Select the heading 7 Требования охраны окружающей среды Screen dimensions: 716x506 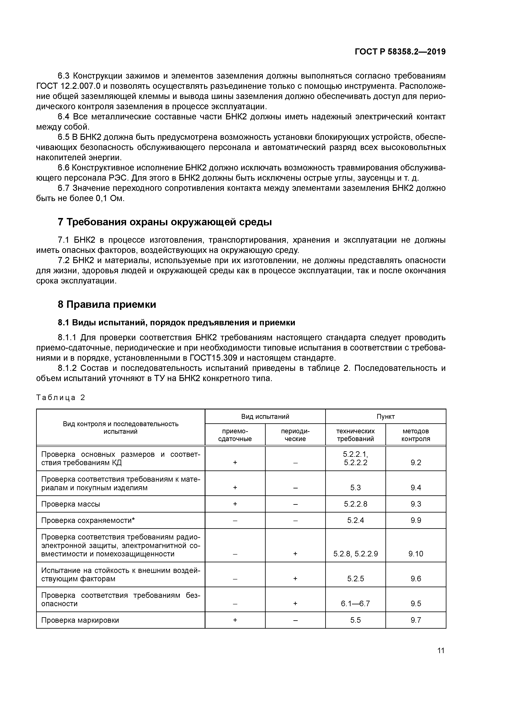click(x=165, y=222)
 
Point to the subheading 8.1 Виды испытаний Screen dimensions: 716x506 click(x=176, y=322)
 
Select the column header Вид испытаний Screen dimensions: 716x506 click(x=265, y=416)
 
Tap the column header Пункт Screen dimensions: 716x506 click(x=385, y=416)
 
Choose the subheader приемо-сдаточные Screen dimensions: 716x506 click(x=235, y=435)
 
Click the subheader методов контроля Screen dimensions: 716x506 click(x=416, y=435)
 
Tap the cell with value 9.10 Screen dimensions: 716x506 click(x=416, y=554)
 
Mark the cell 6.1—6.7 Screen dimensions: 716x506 click(x=355, y=603)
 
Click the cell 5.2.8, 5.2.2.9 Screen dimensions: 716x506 click(x=355, y=554)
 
